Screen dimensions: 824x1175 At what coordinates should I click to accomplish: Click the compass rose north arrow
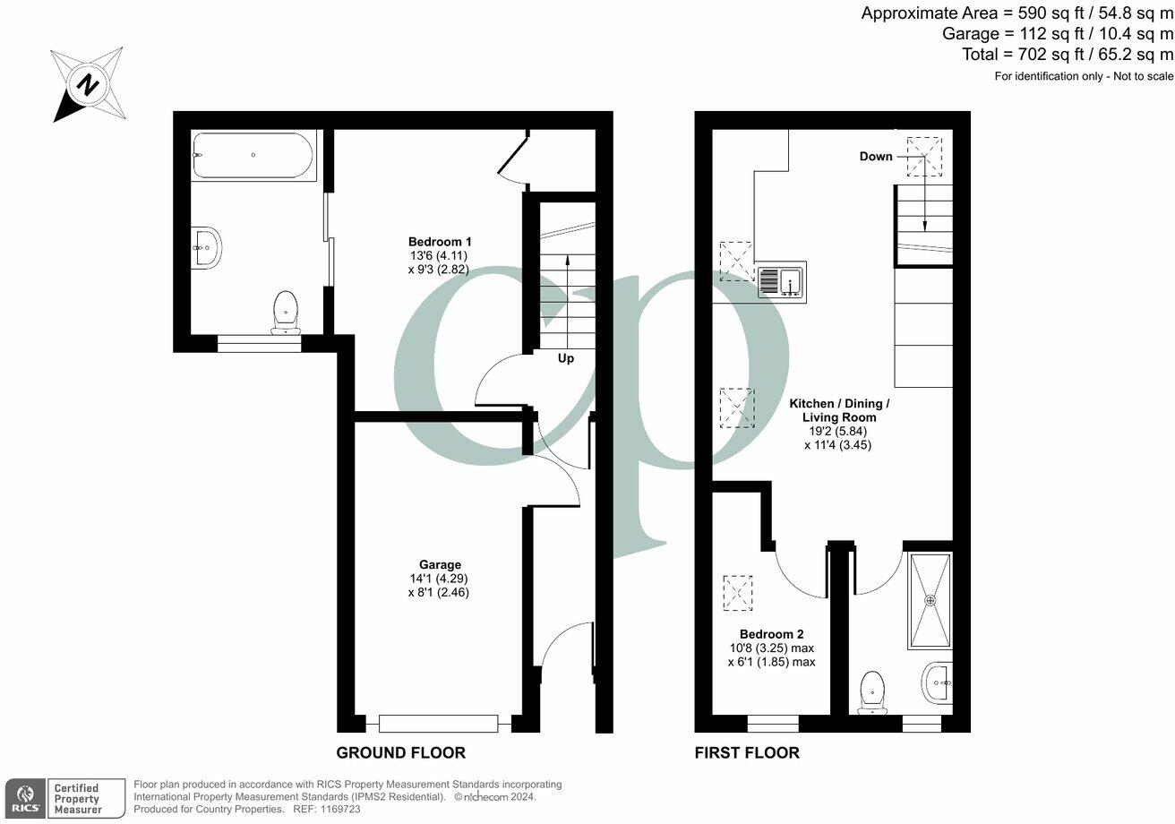[x=87, y=84]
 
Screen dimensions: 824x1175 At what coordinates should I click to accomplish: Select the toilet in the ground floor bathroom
[x=286, y=312]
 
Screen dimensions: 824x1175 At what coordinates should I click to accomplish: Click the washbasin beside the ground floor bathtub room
[x=206, y=246]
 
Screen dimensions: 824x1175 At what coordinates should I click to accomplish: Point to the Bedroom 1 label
[x=439, y=242]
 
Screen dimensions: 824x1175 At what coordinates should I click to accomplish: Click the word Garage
[x=441, y=565]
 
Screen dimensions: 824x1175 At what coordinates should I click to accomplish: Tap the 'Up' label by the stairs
[x=566, y=358]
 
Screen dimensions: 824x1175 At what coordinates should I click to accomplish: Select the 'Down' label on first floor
[x=876, y=157]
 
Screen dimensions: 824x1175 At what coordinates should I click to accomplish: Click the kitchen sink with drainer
[x=781, y=280]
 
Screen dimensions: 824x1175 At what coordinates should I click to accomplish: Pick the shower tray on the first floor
[x=930, y=600]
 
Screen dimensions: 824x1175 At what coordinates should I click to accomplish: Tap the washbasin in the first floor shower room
[x=937, y=684]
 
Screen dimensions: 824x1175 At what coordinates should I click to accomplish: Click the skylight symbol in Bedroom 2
[x=737, y=593]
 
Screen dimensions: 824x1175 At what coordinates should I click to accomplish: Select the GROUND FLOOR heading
[x=400, y=752]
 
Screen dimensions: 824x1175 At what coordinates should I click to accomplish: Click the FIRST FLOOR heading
[x=747, y=752]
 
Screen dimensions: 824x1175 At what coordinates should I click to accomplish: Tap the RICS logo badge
[x=24, y=798]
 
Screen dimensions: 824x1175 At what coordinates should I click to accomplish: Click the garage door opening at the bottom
[x=438, y=723]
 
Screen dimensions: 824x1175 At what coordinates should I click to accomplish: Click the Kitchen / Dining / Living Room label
[x=838, y=410]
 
